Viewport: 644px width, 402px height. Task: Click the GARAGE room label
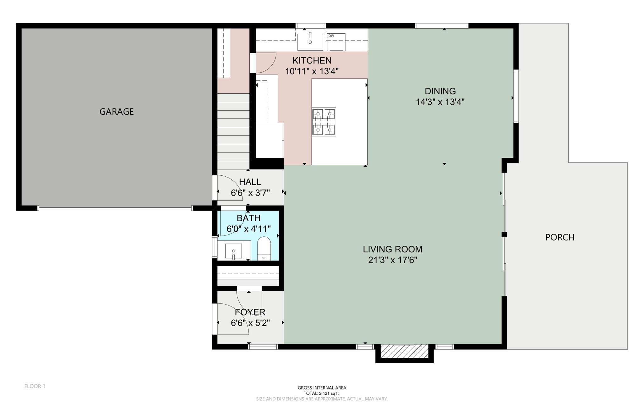pos(116,112)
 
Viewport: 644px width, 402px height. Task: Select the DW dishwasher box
pos(336,42)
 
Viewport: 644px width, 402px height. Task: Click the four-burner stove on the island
pos(324,122)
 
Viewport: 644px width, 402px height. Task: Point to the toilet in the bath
pos(264,249)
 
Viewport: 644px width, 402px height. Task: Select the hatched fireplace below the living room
pos(404,351)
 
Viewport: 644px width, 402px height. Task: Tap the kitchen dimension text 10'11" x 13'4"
pos(312,71)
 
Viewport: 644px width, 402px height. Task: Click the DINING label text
pos(440,91)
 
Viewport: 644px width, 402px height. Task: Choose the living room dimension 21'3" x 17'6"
pos(392,260)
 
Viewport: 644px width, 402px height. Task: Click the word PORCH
pos(560,237)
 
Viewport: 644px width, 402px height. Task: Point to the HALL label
pos(250,182)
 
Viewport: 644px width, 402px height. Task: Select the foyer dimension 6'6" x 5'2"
pos(250,323)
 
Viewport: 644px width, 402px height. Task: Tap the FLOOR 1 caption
pos(35,386)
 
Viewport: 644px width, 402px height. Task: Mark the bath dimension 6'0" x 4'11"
pos(248,229)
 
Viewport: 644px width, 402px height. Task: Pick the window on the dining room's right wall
pos(516,96)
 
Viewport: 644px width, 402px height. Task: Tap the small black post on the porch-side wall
pos(504,234)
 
